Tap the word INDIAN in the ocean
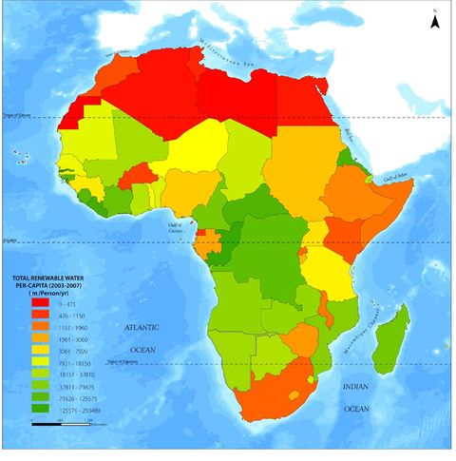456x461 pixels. tap(355, 387)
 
